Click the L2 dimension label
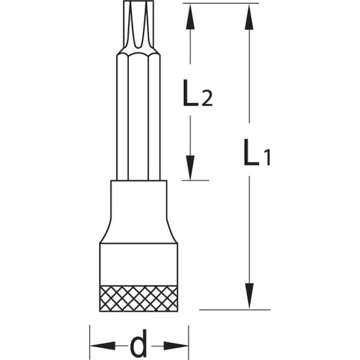pyautogui.click(x=198, y=92)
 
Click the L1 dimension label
pyautogui.click(x=257, y=152)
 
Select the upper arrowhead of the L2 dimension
pyautogui.click(x=190, y=17)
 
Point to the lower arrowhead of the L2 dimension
pyautogui.click(x=190, y=167)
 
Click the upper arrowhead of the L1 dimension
pyautogui.click(x=249, y=17)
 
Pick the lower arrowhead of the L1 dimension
pyautogui.click(x=249, y=296)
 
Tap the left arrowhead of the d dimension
pyautogui.click(x=103, y=346)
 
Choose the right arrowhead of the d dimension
pyautogui.click(x=176, y=346)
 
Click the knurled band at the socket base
pyautogui.click(x=139, y=298)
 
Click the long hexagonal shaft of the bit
pyautogui.click(x=139, y=116)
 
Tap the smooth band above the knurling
pyautogui.click(x=139, y=265)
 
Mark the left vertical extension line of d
pyautogui.click(x=90, y=342)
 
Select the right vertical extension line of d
pyautogui.click(x=189, y=342)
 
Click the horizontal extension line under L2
pyautogui.click(x=195, y=180)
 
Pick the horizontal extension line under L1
pyautogui.click(x=235, y=310)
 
